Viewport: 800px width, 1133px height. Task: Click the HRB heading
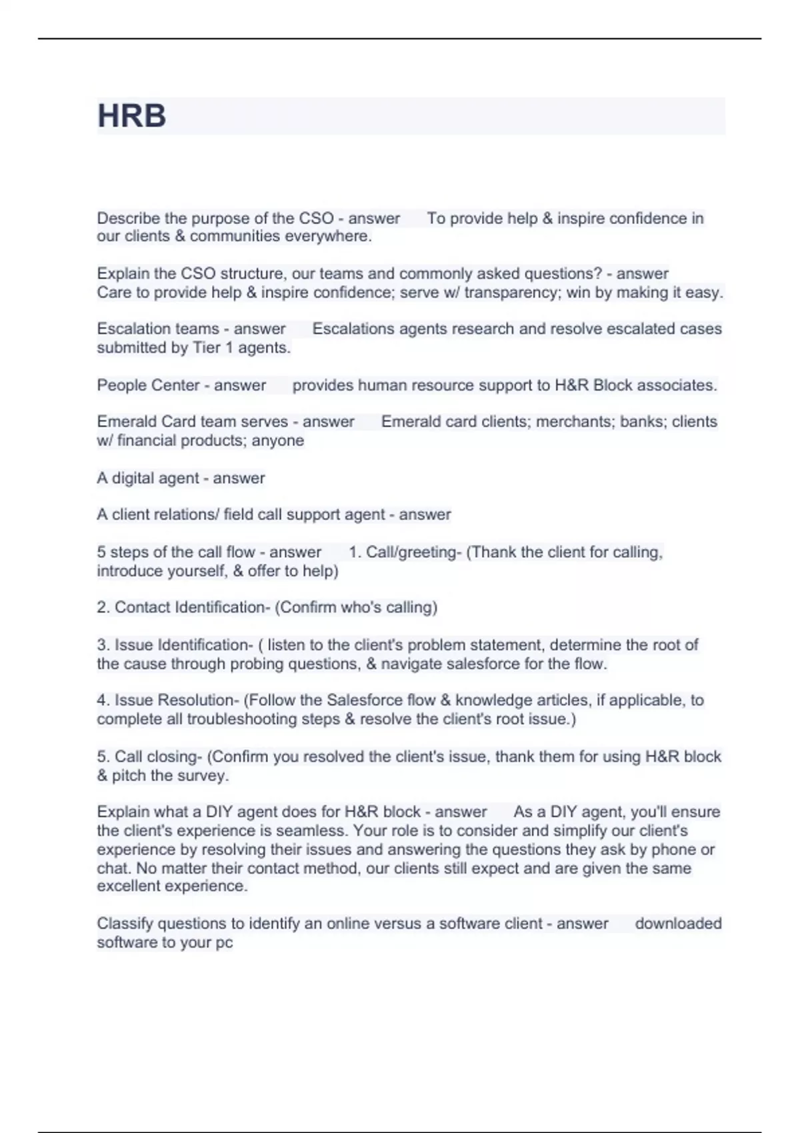(131, 116)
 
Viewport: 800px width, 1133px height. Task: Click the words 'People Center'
(148, 385)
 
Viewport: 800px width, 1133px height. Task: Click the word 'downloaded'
(678, 924)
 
